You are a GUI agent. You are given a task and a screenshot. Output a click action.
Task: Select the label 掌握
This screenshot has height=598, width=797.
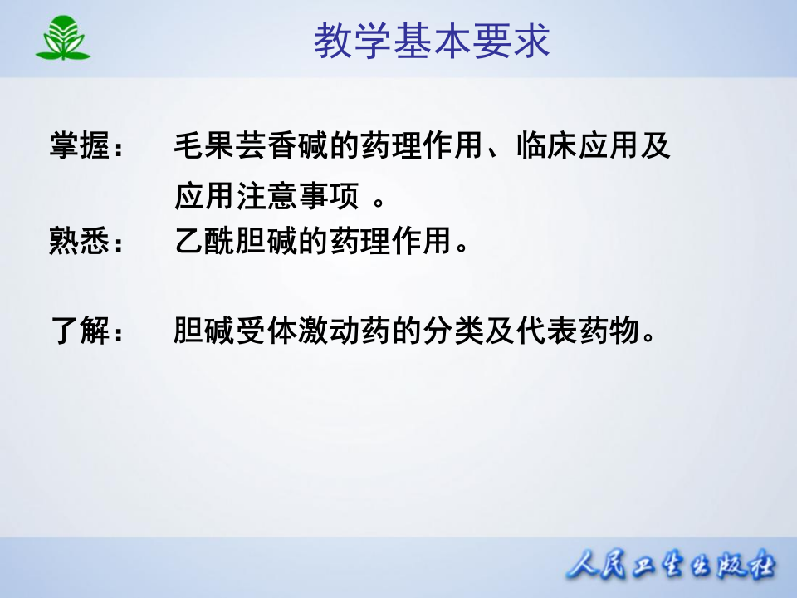79,148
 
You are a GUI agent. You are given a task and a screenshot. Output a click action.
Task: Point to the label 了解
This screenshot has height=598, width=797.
79,331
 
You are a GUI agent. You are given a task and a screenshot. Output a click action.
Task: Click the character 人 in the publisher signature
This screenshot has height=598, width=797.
583,567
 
